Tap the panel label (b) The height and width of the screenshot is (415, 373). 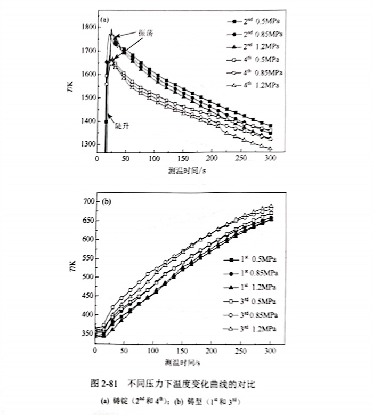(x=106, y=202)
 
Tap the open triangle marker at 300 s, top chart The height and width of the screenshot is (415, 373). (x=270, y=148)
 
